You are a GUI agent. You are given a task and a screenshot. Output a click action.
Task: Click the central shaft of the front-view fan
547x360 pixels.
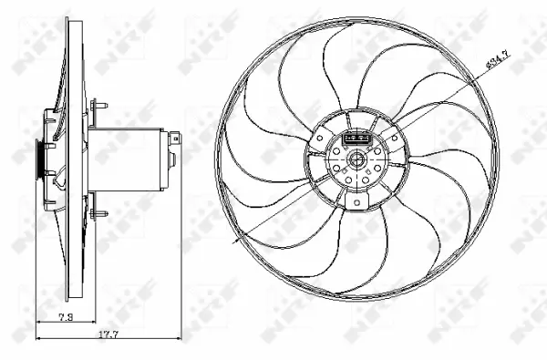tap(356, 164)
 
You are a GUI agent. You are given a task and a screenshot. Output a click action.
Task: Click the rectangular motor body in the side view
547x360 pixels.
tap(128, 151)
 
